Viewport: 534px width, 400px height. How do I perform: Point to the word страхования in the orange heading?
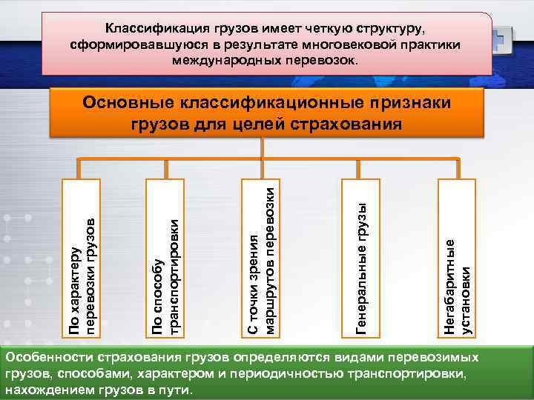[x=350, y=122]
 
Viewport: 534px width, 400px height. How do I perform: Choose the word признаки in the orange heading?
[x=409, y=101]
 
